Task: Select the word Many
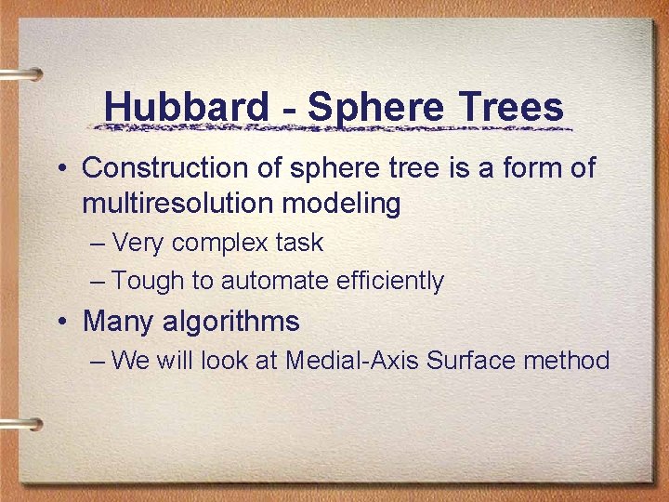click(118, 323)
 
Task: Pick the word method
click(568, 360)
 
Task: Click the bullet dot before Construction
click(59, 169)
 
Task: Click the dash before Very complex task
click(98, 244)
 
